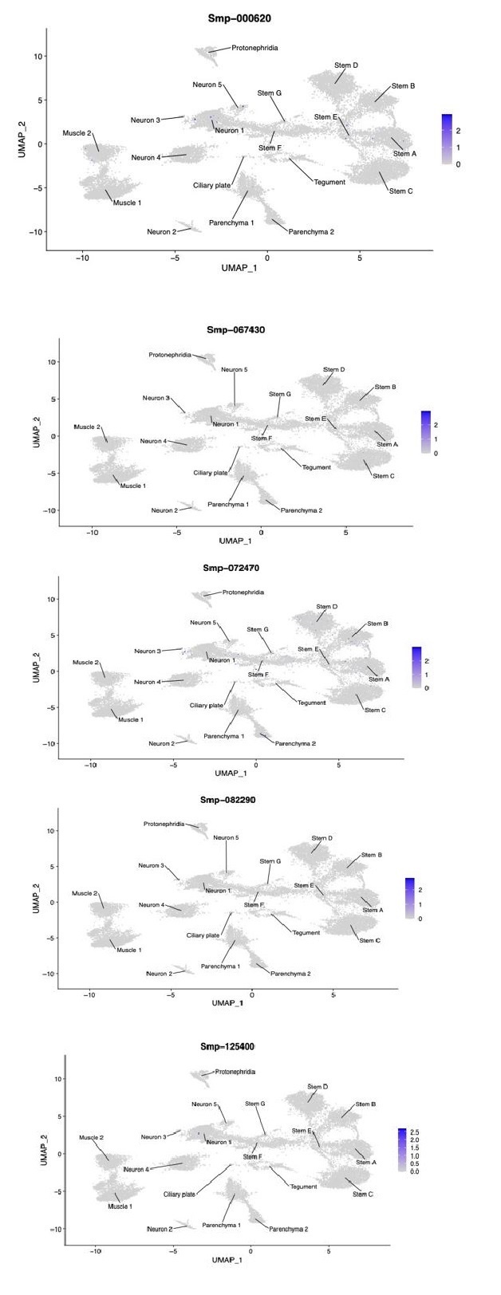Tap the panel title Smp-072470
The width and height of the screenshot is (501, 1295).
pyautogui.click(x=231, y=569)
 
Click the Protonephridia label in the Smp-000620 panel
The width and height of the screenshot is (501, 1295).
pyautogui.click(x=254, y=48)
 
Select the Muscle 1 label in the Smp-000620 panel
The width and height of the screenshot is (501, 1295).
pyautogui.click(x=127, y=203)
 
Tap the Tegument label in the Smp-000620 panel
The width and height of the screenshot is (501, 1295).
pyautogui.click(x=330, y=182)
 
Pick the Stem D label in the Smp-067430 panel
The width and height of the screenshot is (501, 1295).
pyautogui.click(x=333, y=369)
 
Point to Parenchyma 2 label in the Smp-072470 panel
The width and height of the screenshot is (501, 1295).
pyautogui.click(x=296, y=743)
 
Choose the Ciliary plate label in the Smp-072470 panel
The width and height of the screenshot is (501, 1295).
pyautogui.click(x=206, y=705)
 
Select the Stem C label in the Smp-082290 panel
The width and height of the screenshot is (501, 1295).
pyautogui.click(x=369, y=940)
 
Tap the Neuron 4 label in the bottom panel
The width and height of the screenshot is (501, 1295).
pyautogui.click(x=136, y=1169)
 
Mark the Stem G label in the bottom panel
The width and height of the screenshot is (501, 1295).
pyautogui.click(x=254, y=1104)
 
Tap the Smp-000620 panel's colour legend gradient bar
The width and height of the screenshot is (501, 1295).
pyautogui.click(x=447, y=140)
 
